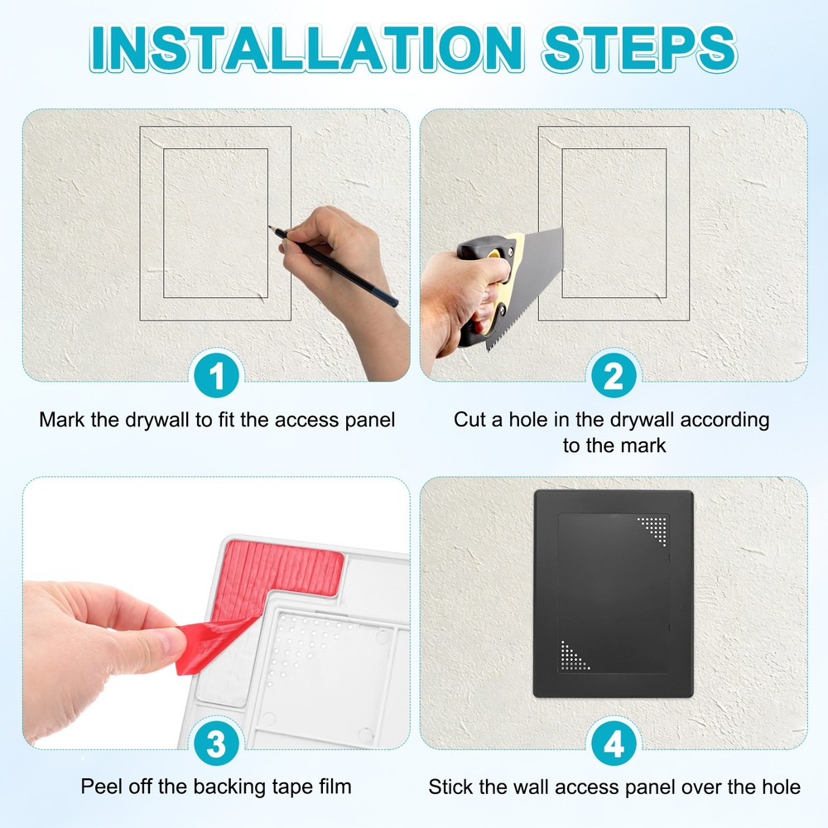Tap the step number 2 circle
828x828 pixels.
(x=613, y=378)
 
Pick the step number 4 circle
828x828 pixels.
(x=613, y=745)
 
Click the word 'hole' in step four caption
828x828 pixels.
(x=781, y=787)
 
